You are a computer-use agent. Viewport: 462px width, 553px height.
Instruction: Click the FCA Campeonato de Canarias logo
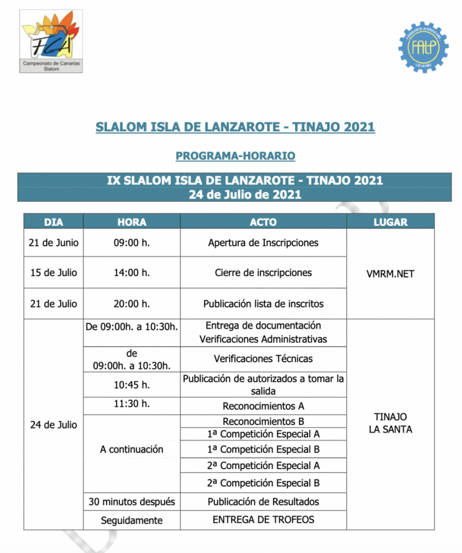tap(51, 41)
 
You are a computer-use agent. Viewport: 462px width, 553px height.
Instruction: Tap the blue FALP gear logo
tap(423, 46)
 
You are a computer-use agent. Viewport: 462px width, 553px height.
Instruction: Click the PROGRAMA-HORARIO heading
tap(235, 156)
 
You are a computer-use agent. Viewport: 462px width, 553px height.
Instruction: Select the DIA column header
tap(53, 222)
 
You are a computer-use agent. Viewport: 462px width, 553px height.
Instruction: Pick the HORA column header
tap(131, 222)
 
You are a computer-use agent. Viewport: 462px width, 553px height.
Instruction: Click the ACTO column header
tap(263, 222)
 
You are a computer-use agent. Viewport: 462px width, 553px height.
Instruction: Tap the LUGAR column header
tap(390, 222)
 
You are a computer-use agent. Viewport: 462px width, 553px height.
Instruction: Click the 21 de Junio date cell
tap(53, 242)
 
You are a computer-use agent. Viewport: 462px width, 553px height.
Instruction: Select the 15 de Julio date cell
tap(53, 273)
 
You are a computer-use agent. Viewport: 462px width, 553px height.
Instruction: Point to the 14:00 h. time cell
tap(131, 273)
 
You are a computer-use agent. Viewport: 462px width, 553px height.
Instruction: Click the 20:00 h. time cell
tap(131, 304)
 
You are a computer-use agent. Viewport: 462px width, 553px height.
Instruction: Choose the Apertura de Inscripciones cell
tap(263, 242)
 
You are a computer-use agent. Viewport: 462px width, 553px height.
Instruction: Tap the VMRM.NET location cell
tap(390, 274)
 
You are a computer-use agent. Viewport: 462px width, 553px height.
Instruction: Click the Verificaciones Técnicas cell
tap(263, 359)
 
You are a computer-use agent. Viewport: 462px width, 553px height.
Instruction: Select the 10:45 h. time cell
tap(131, 386)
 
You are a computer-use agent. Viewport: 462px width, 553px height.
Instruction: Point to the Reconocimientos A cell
tap(263, 406)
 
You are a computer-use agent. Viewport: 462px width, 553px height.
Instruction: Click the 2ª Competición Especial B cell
tap(263, 483)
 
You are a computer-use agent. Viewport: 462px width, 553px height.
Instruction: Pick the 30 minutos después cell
tap(131, 502)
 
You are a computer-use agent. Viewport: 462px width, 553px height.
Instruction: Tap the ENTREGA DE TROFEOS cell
tap(263, 520)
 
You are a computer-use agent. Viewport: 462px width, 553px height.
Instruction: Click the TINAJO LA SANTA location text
tap(390, 423)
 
